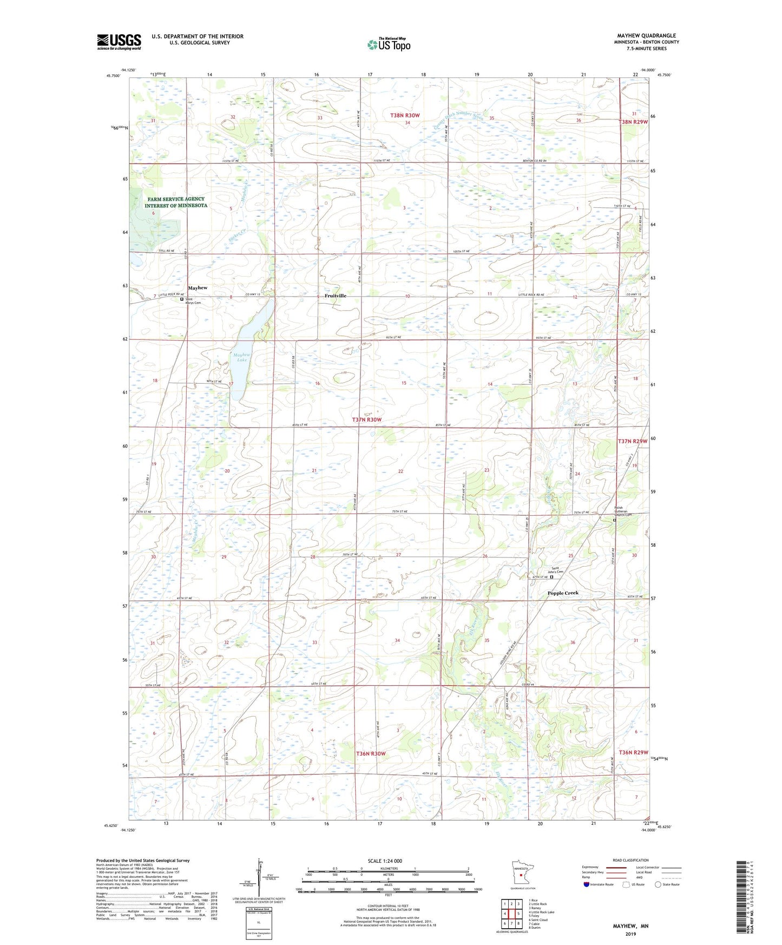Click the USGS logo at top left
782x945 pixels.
119,42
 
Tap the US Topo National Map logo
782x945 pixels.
389,44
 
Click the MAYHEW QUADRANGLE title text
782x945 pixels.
646,36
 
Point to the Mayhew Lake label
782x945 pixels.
240,357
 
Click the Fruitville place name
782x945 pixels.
336,296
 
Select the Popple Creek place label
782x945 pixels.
563,593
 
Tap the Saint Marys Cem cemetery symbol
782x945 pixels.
182,299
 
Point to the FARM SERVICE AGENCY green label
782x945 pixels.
176,202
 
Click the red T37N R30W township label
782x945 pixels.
367,420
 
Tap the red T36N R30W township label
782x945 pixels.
371,754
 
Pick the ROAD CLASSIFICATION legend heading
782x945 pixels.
630,860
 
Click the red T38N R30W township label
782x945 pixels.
405,116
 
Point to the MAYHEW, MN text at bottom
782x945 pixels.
630,926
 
